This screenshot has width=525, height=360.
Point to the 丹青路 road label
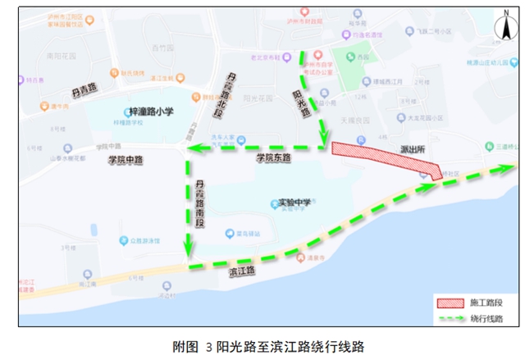coord(84,87)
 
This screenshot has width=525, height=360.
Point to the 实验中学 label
coord(294,203)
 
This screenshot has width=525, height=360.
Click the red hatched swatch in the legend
coord(449,303)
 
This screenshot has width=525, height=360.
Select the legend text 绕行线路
coord(486,319)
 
